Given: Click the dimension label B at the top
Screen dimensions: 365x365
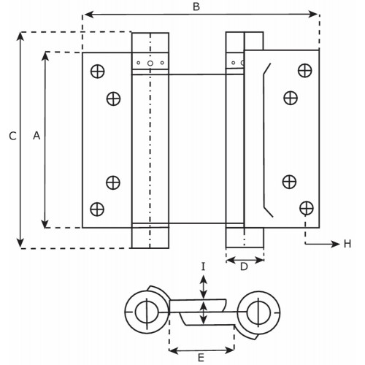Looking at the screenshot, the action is (196, 7).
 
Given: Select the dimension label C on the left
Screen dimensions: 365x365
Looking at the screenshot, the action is (12, 136).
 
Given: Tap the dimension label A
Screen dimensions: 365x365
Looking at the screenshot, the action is (36, 136).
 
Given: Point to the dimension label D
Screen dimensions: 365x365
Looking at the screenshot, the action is (244, 267).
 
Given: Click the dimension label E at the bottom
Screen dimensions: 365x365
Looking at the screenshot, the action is (201, 358).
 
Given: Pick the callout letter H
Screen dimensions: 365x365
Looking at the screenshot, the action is (347, 244).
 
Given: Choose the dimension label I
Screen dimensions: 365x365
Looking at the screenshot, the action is (204, 267).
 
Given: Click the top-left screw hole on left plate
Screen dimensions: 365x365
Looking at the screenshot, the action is (98, 72).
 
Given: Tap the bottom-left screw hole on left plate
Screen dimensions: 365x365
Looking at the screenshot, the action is (97, 210).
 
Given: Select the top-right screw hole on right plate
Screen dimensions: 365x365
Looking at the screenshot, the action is (305, 71).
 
